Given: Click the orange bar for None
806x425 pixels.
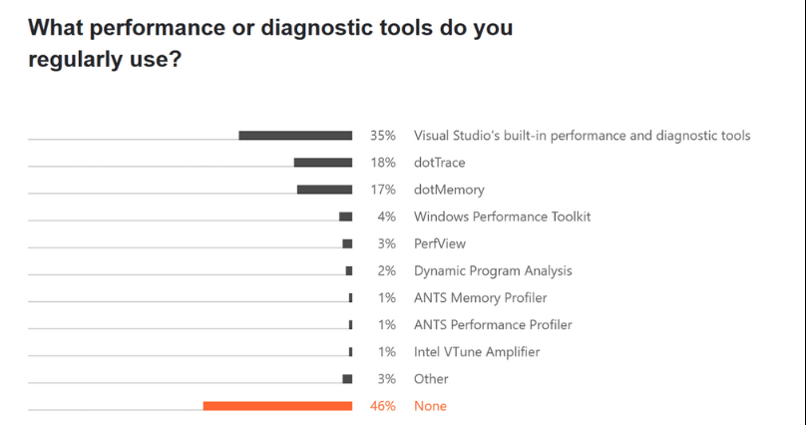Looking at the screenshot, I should tap(277, 406).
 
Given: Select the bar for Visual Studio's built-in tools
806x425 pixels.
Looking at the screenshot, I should tap(295, 136).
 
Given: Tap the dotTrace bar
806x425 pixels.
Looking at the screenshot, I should tap(322, 163).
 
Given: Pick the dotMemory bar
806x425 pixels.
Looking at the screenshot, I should tap(324, 190).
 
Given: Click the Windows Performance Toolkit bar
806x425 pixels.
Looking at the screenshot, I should tap(345, 216).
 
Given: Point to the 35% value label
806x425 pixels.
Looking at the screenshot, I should tap(383, 136).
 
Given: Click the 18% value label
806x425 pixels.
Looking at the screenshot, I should tap(383, 163).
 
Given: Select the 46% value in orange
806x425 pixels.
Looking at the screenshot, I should tap(383, 406).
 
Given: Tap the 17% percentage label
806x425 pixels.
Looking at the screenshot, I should tap(383, 190).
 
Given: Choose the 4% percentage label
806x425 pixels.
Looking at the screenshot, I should tap(386, 216).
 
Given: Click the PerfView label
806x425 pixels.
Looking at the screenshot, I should tap(440, 243).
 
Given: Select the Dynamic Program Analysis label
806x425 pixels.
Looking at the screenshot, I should tap(493, 270).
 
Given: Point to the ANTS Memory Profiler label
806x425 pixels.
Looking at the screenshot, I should tap(480, 297).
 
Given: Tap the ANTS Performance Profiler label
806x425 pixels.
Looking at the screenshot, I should tap(493, 324).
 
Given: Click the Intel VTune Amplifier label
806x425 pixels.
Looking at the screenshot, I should tap(477, 351).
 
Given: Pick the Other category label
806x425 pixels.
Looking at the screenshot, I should tap(431, 379).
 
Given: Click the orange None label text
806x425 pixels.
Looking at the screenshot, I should tap(430, 406).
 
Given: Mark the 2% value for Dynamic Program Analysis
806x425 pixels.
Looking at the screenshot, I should tap(386, 270).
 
